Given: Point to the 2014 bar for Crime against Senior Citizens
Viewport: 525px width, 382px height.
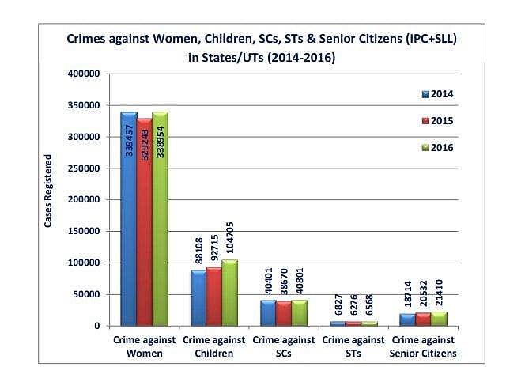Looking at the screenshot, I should [x=407, y=320].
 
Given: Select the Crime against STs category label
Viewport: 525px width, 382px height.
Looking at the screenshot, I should [x=353, y=346].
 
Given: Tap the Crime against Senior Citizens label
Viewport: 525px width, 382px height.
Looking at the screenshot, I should [x=423, y=346].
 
